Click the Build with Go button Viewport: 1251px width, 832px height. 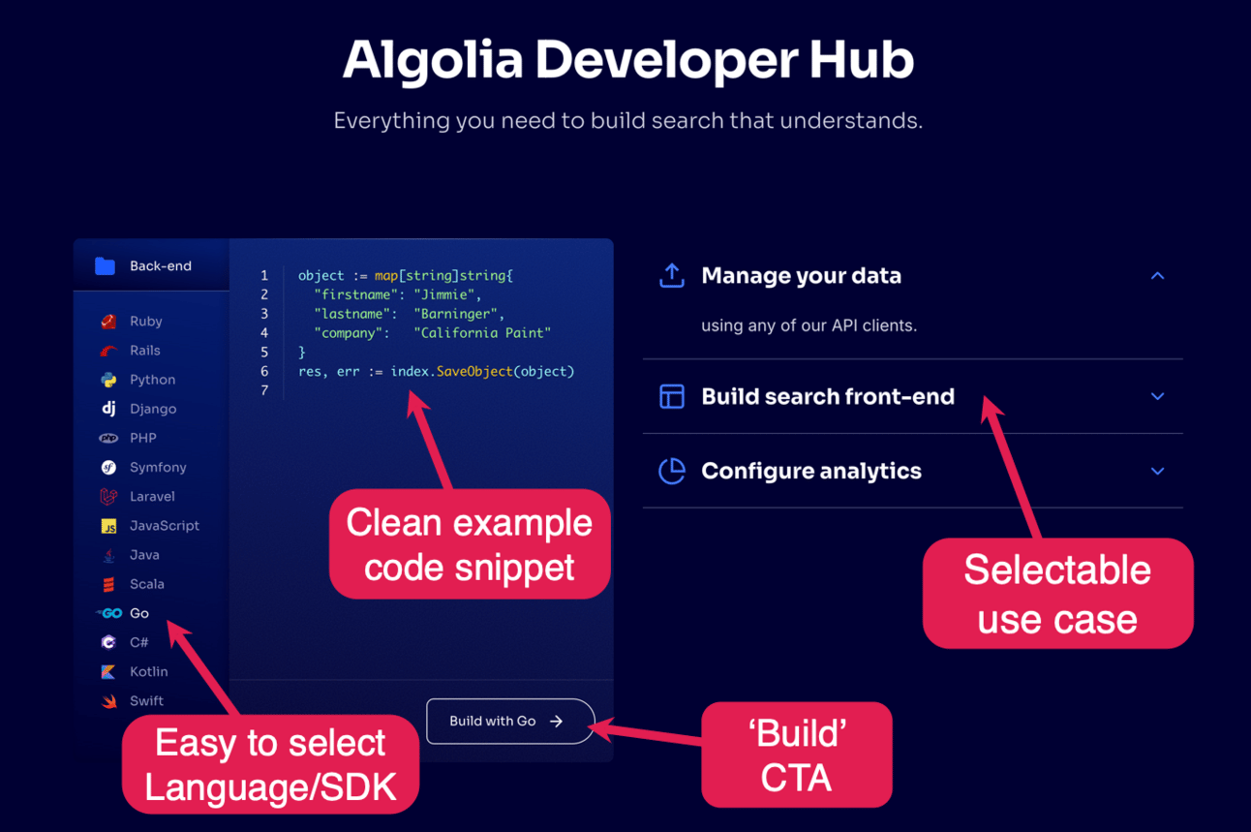(x=510, y=721)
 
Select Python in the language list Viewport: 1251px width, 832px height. (x=137, y=380)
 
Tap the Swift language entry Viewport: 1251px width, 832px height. (x=133, y=700)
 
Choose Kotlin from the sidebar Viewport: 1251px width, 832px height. (x=135, y=671)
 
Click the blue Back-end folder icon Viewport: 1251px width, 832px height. (x=105, y=266)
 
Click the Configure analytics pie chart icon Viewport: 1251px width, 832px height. (x=672, y=471)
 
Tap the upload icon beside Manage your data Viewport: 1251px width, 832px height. (x=672, y=275)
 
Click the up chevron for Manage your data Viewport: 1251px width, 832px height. (x=1158, y=275)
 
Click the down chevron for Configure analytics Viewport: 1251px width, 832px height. (x=1158, y=471)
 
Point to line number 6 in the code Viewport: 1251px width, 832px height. (x=264, y=371)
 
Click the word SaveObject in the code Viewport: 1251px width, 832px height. (x=474, y=371)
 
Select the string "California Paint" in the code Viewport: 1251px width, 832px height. (x=482, y=333)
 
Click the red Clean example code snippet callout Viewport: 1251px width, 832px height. (x=470, y=544)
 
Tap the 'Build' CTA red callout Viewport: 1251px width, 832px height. (x=796, y=755)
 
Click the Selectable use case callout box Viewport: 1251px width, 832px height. (x=1057, y=594)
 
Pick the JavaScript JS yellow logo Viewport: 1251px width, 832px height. (x=108, y=526)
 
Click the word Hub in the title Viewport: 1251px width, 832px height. (x=861, y=60)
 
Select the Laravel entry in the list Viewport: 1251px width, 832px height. (x=137, y=497)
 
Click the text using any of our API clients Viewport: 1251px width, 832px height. (x=809, y=325)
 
